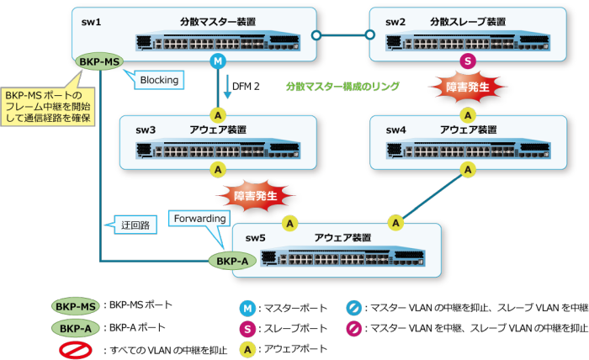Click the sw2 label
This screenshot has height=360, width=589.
pos(395,22)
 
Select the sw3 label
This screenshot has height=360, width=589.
pos(146,130)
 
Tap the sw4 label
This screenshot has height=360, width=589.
pos(395,130)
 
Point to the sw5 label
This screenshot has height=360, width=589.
pos(255,238)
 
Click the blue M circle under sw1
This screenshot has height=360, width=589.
pos(218,62)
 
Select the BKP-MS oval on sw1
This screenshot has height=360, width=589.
pos(99,62)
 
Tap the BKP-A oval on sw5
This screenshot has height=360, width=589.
pos(232,261)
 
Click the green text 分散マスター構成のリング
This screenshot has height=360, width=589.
pos(342,87)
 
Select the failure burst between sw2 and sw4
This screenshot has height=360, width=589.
pos(468,87)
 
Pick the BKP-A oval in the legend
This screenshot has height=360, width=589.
pos(75,328)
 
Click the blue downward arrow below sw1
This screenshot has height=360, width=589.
pos(228,89)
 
